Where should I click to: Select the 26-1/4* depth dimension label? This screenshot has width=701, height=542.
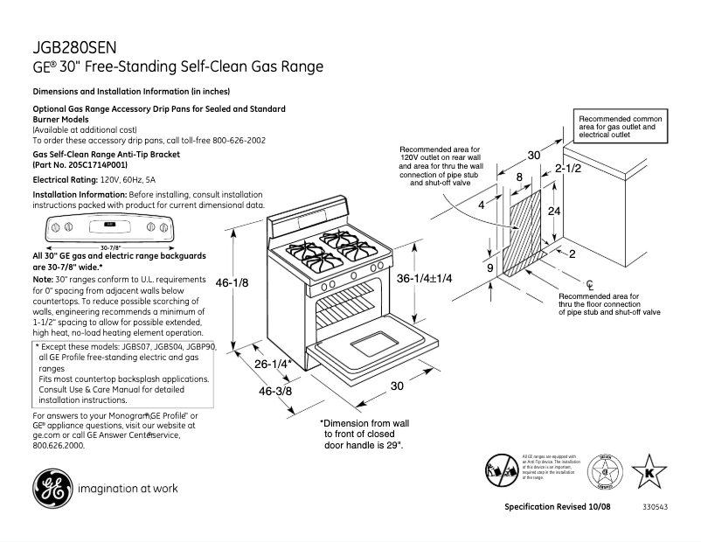(274, 364)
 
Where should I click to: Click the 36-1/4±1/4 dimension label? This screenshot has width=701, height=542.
(437, 278)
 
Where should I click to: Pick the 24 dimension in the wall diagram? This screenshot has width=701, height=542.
(554, 212)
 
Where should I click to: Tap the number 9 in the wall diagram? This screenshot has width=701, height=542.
(491, 268)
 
